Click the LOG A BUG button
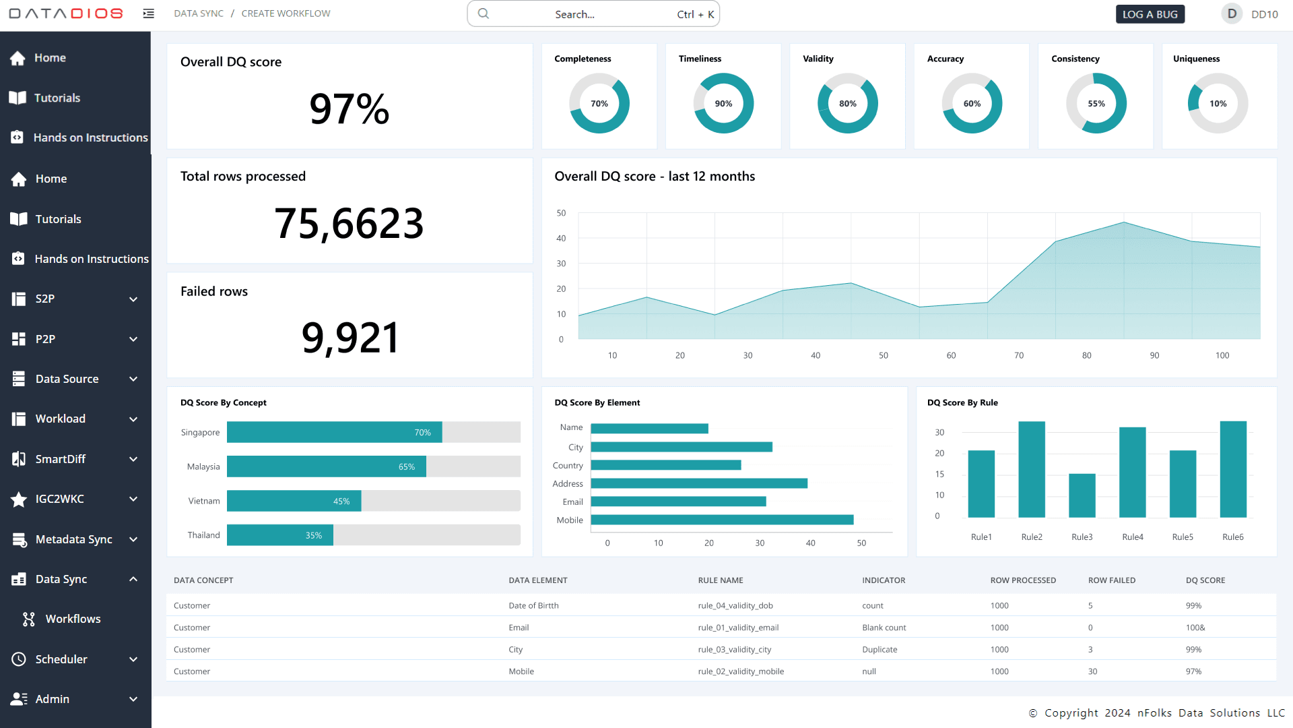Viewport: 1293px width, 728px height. click(1150, 14)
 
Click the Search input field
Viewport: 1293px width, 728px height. click(593, 14)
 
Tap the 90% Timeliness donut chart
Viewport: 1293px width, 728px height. click(723, 103)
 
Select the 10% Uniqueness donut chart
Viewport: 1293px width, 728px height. click(1218, 103)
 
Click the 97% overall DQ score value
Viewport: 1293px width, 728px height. click(349, 109)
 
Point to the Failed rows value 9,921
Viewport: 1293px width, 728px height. click(350, 338)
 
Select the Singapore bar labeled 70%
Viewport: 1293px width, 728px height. click(334, 432)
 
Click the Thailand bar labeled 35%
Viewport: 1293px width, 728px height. click(279, 535)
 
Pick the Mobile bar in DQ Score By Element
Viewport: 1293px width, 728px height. click(722, 520)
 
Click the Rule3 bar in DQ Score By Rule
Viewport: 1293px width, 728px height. click(1082, 495)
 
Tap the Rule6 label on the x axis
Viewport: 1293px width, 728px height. click(1232, 537)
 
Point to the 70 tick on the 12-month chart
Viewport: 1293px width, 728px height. click(1018, 355)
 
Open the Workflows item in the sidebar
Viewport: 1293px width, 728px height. click(73, 619)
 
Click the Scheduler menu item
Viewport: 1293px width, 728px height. click(61, 659)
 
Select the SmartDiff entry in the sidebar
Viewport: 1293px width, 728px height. click(61, 459)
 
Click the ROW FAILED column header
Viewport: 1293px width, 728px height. click(1111, 580)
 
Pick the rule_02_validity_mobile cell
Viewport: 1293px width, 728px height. click(741, 671)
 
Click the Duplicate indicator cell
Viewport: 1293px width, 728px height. click(880, 650)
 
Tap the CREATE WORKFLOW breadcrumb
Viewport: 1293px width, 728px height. click(286, 13)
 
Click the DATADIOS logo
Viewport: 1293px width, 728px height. click(65, 13)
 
